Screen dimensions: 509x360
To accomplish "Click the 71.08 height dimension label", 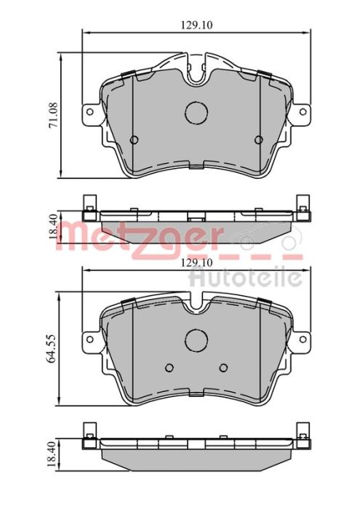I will (x=53, y=116).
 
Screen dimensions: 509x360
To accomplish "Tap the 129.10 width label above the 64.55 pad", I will (x=195, y=262).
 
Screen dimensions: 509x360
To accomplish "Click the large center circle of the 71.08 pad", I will (x=196, y=112).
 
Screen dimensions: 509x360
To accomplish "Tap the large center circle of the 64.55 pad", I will (x=196, y=340).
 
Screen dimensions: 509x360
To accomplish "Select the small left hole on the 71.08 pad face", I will (x=133, y=140).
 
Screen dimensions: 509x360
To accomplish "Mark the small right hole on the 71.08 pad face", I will (x=259, y=140).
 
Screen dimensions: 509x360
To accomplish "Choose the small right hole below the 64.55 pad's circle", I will (x=224, y=366).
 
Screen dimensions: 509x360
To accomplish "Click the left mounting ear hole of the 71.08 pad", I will (x=90, y=112).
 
